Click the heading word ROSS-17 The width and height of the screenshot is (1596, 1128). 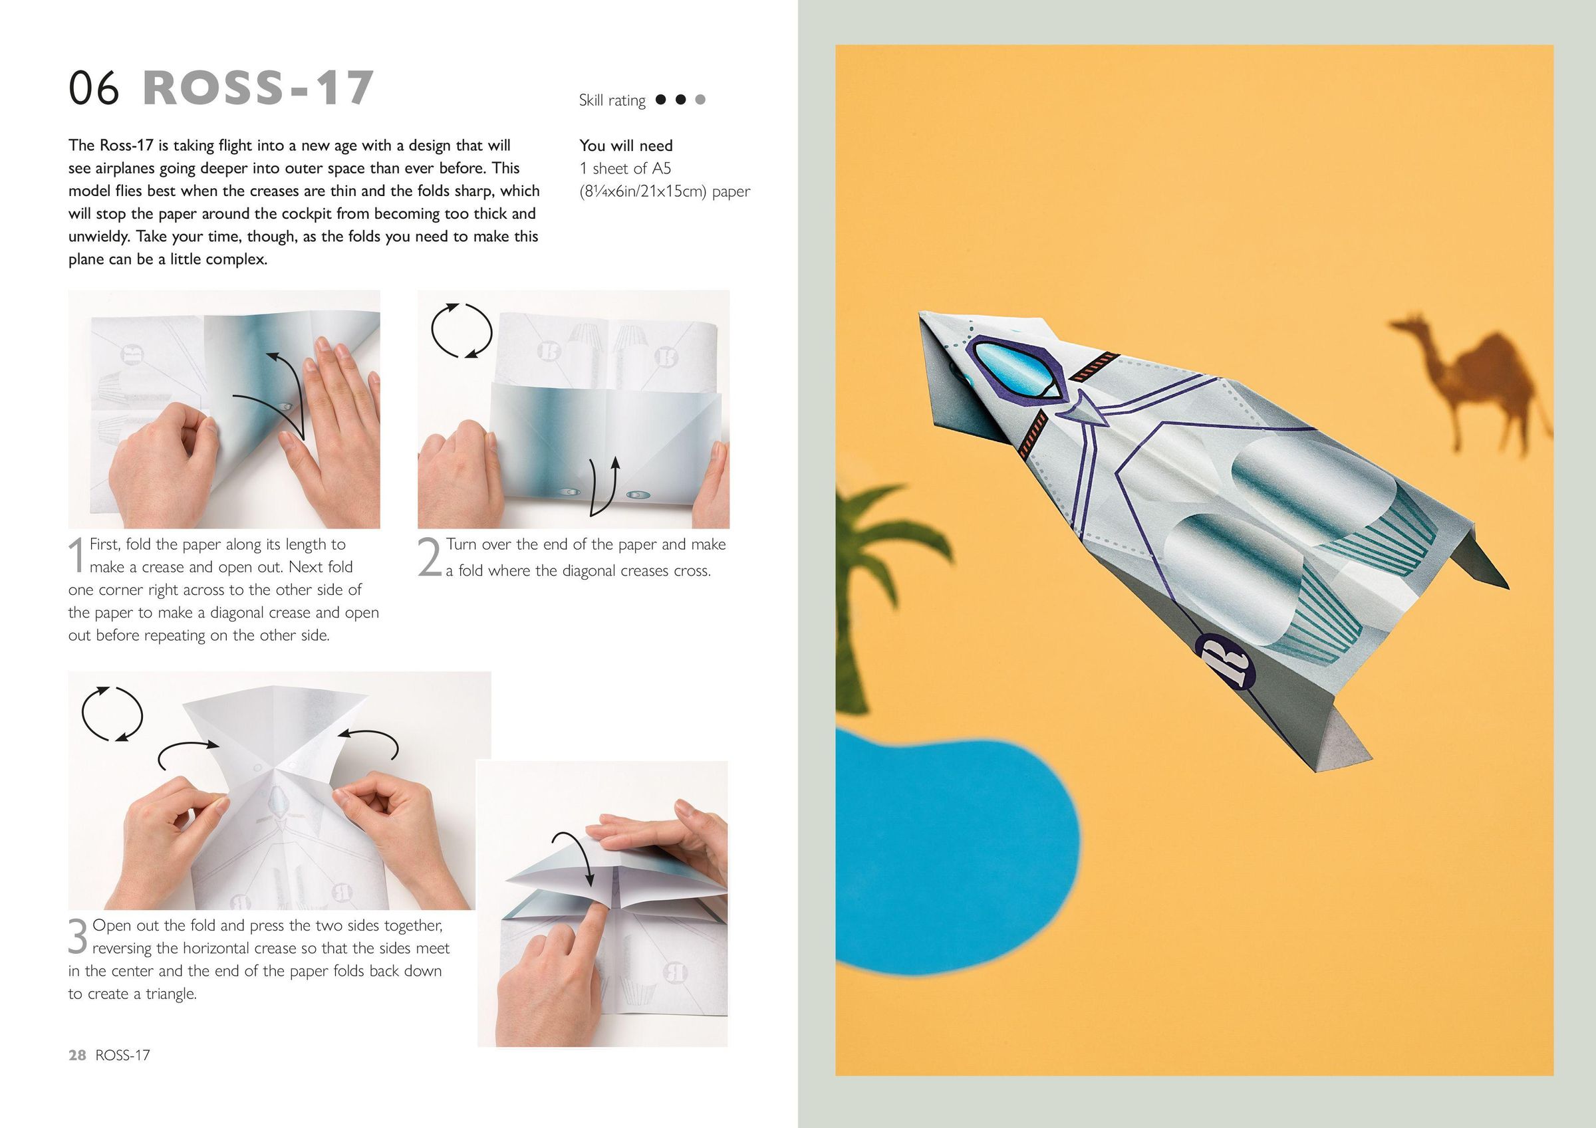pyautogui.click(x=258, y=88)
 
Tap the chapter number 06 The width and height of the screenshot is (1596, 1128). pyautogui.click(x=94, y=88)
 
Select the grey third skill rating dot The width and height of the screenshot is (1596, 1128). pyautogui.click(x=700, y=100)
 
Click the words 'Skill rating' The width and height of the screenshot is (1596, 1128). pyautogui.click(x=612, y=100)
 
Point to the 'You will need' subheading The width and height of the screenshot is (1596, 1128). pyautogui.click(x=626, y=146)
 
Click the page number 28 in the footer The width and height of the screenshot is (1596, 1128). pyautogui.click(x=77, y=1055)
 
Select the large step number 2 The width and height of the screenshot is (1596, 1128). pyautogui.click(x=430, y=557)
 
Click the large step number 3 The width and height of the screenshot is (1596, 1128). pyautogui.click(x=78, y=936)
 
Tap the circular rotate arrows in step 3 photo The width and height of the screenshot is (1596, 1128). pyautogui.click(x=112, y=714)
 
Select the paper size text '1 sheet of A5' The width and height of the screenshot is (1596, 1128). pyautogui.click(x=625, y=168)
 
